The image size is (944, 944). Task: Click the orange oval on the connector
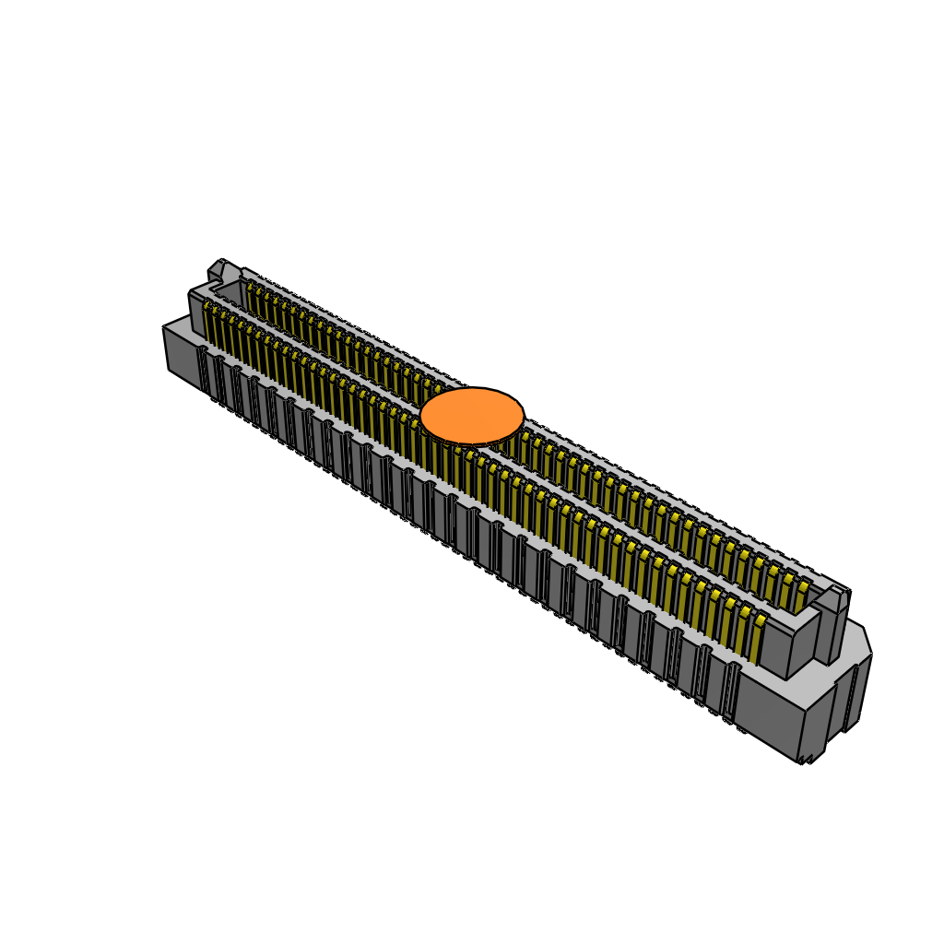point(472,416)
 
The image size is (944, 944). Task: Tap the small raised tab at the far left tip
point(217,269)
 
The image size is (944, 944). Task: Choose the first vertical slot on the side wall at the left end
point(203,369)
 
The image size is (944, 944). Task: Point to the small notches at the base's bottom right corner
point(808,759)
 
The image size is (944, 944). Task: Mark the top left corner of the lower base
point(167,327)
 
